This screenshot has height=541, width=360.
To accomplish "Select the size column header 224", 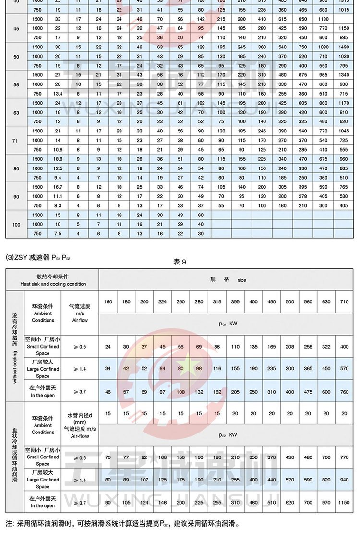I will coord(162,302).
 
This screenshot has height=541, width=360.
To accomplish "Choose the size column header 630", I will coord(326,302).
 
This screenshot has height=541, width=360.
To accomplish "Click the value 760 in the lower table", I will coord(344,392).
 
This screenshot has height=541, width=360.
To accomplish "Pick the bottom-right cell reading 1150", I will coord(344,502).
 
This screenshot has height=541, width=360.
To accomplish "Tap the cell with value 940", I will coord(344,480).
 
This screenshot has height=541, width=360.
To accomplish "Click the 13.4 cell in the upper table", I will coord(58,94).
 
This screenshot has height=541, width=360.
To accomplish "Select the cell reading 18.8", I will coord(58,159).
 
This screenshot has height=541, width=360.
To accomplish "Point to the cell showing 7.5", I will coord(58,233).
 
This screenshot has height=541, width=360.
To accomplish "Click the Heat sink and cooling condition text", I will coord(53,284).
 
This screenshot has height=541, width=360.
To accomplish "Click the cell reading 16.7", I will coord(58,187).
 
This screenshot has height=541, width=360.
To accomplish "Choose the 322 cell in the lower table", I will coord(326,346).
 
